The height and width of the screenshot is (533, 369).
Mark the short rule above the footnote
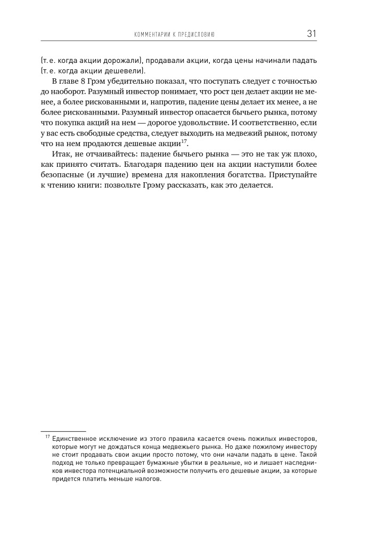point(63,431)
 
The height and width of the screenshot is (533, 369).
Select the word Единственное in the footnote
point(75,438)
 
